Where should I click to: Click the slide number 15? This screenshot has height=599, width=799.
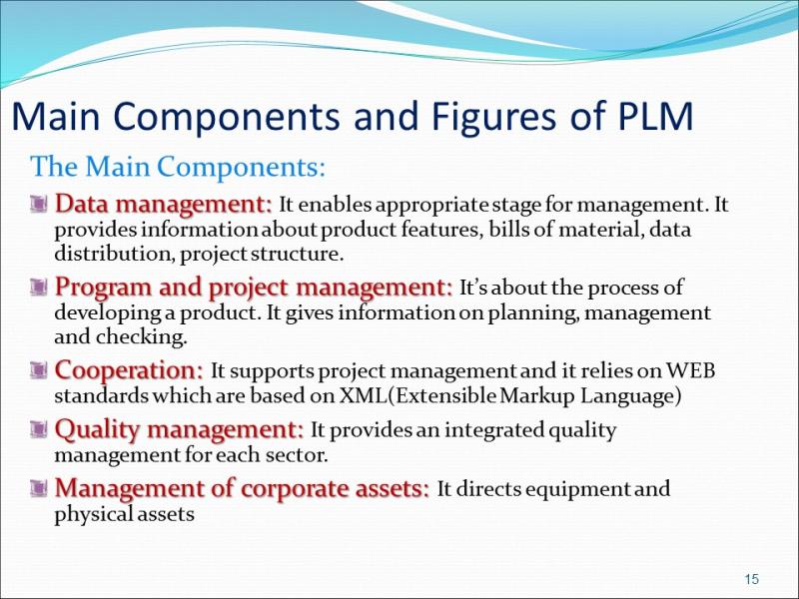click(x=752, y=579)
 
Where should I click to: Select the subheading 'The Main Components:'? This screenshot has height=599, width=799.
click(x=178, y=166)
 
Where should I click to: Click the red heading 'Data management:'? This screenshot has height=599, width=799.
click(x=164, y=204)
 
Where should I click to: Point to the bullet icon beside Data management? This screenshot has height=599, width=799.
click(x=39, y=204)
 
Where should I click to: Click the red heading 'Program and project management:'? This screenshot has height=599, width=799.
click(x=254, y=287)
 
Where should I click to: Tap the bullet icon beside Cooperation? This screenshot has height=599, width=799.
click(x=39, y=369)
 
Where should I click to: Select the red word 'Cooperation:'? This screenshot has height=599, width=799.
click(x=129, y=370)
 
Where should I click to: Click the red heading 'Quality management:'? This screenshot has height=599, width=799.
click(x=179, y=429)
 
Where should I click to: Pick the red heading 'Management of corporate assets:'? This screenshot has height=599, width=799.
click(x=242, y=488)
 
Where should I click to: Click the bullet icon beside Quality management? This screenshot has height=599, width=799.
click(x=39, y=429)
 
